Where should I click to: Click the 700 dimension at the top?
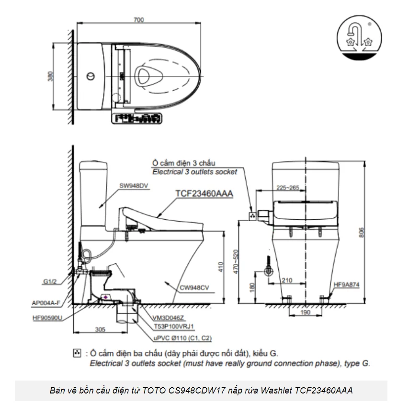click(139, 20)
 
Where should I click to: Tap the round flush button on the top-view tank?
click(89, 76)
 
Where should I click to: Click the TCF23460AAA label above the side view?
click(204, 193)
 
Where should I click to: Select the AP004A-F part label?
click(46, 303)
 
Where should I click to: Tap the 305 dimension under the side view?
click(100, 330)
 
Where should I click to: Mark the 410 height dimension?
click(221, 267)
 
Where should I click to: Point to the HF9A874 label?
click(347, 285)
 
